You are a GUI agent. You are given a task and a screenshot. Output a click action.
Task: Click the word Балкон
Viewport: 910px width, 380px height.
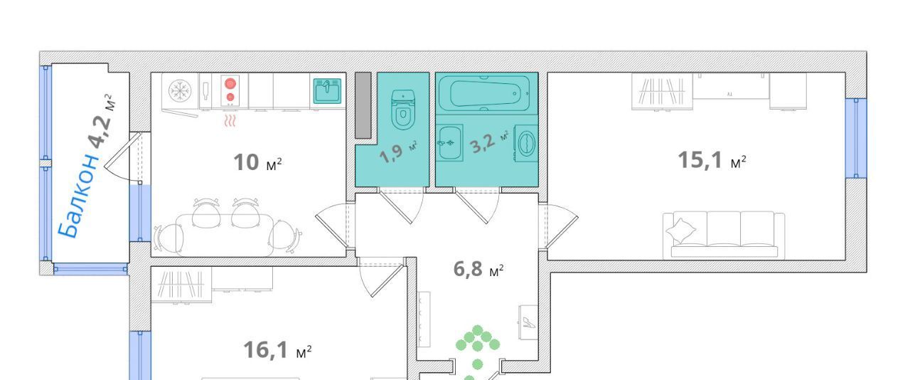point(79,195)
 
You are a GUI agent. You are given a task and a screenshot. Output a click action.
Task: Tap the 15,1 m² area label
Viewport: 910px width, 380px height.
point(712,160)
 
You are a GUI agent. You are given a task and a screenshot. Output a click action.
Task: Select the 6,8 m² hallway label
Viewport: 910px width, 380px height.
point(478,269)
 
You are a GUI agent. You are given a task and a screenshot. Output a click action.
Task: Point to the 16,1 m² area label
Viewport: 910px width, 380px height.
point(277,350)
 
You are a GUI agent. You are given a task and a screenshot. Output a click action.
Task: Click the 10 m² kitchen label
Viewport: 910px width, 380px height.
point(257,162)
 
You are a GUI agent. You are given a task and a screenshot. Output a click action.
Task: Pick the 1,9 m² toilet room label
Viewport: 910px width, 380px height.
point(397,151)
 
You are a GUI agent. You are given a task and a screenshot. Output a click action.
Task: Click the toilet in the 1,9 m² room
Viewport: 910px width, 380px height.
point(402,110)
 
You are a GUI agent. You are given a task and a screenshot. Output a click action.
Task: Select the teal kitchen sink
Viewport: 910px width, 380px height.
point(327,91)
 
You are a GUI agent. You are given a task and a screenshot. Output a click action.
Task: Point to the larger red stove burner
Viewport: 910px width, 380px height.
point(230,83)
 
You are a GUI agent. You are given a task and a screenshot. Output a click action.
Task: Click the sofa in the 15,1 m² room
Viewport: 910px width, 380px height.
point(724,235)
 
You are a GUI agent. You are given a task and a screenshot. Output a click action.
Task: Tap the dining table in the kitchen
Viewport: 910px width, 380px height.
point(225,235)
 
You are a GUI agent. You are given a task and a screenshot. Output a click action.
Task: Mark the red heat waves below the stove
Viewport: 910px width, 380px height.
point(230,121)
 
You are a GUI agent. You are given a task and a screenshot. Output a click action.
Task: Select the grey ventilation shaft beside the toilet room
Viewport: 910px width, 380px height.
point(363,105)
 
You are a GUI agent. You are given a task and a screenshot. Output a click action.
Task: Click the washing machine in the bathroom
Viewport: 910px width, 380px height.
point(526,143)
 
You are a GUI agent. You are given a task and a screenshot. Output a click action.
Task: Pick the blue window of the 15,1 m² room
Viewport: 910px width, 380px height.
point(856,138)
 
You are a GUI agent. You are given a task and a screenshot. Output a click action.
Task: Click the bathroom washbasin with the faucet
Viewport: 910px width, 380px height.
point(449,143)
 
